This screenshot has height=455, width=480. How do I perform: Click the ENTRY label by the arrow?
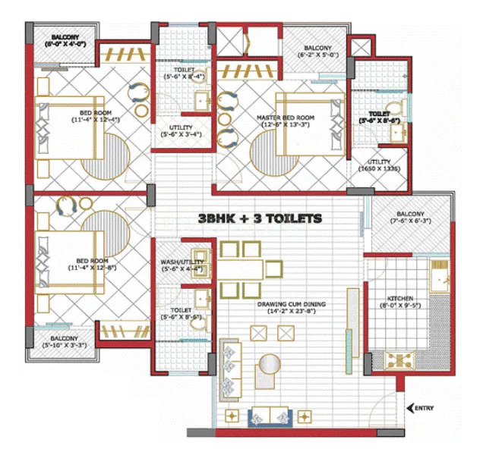pyautogui.click(x=425, y=408)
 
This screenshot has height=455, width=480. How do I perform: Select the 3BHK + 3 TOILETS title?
pyautogui.click(x=261, y=218)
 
